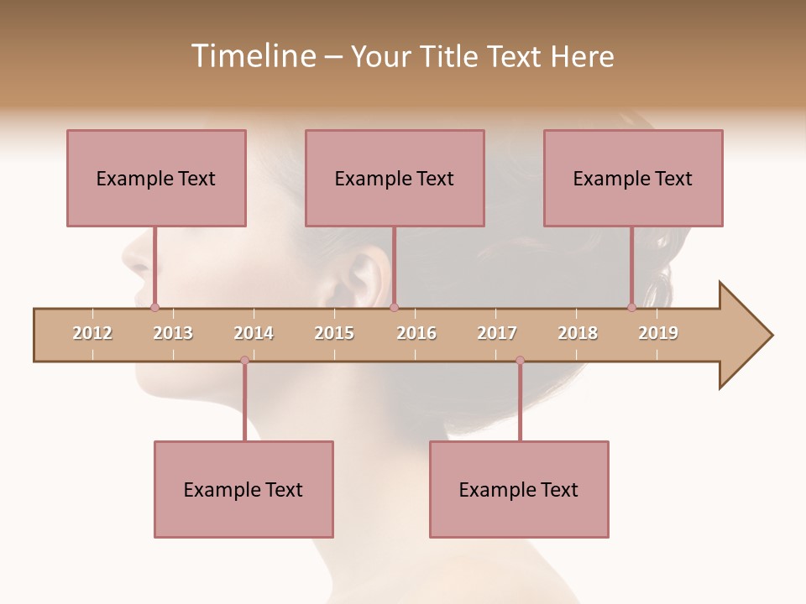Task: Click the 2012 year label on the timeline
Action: tap(92, 333)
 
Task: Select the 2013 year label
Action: tap(173, 333)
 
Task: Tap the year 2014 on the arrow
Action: tap(254, 333)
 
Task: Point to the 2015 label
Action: tap(334, 333)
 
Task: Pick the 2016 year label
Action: tap(416, 333)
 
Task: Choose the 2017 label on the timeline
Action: tap(497, 333)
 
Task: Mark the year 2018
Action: tap(578, 333)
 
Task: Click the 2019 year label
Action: tap(658, 333)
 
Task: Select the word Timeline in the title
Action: tap(251, 56)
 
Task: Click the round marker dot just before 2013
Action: tap(154, 307)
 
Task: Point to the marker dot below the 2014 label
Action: tap(244, 361)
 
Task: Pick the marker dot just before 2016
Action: tap(394, 307)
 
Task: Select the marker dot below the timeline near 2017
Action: tap(520, 361)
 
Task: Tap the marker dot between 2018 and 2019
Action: tap(631, 307)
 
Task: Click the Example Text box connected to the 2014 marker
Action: tap(243, 489)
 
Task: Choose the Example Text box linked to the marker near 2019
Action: tap(633, 178)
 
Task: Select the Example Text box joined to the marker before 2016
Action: tap(395, 178)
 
